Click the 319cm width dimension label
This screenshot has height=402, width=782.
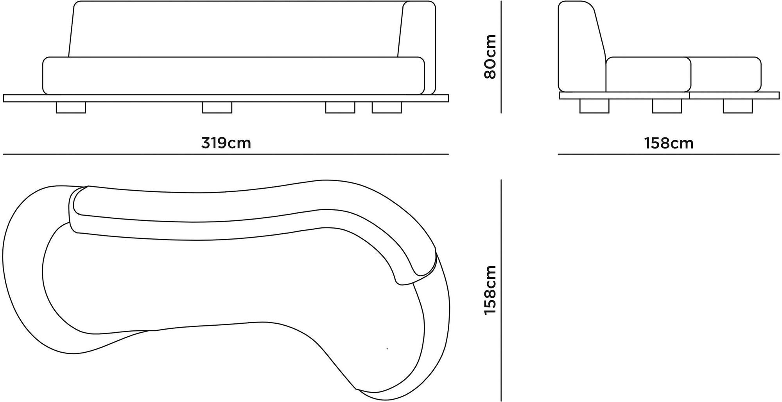(x=226, y=143)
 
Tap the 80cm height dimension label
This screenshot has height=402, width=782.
(x=490, y=56)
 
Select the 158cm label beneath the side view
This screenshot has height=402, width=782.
(x=669, y=143)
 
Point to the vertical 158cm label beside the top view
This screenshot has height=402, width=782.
(x=490, y=290)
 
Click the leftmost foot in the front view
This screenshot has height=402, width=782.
(x=71, y=108)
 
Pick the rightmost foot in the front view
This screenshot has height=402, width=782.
(x=387, y=108)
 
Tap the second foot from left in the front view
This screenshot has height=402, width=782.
(x=217, y=108)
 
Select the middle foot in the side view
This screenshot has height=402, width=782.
(x=667, y=106)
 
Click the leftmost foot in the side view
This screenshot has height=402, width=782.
(x=594, y=106)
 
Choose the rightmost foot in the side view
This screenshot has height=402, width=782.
(x=738, y=106)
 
